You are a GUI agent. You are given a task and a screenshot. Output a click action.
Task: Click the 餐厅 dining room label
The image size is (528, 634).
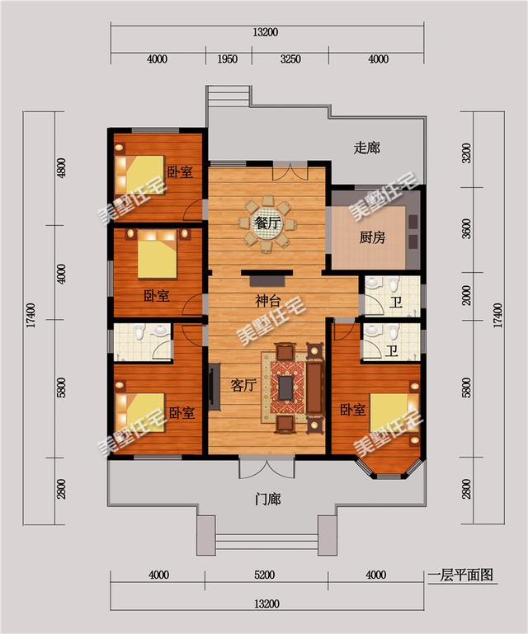click(266, 223)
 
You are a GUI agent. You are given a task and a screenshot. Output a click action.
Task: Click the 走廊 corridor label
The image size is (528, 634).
click(366, 148)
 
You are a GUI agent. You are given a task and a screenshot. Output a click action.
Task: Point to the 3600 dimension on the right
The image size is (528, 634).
click(467, 229)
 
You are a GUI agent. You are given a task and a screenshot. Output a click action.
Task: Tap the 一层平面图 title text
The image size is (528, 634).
click(460, 575)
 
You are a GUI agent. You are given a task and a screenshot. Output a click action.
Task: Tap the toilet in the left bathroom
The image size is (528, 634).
click(139, 335)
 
